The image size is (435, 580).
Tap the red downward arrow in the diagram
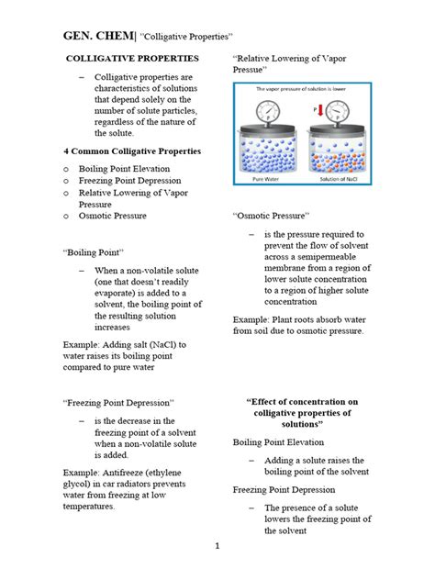point(318,112)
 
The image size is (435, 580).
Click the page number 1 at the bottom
point(217,547)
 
